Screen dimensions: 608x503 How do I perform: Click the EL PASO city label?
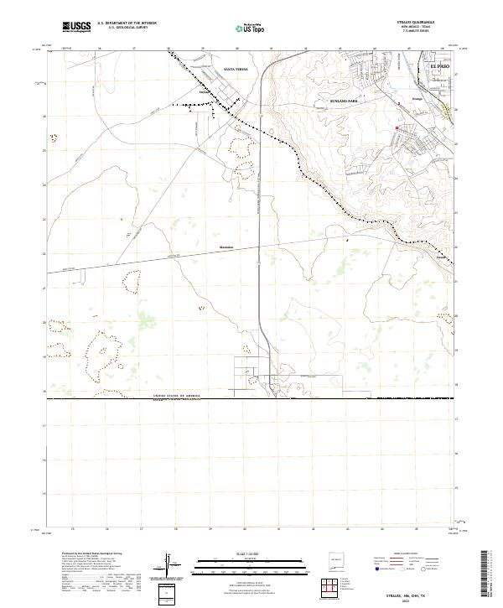pyautogui.click(x=439, y=65)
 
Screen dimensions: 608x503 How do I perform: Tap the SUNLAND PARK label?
pyautogui.click(x=343, y=100)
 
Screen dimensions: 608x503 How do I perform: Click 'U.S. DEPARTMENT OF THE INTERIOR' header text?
pyautogui.click(x=127, y=23)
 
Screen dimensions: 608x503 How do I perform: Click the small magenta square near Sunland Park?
pyautogui.click(x=397, y=128)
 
